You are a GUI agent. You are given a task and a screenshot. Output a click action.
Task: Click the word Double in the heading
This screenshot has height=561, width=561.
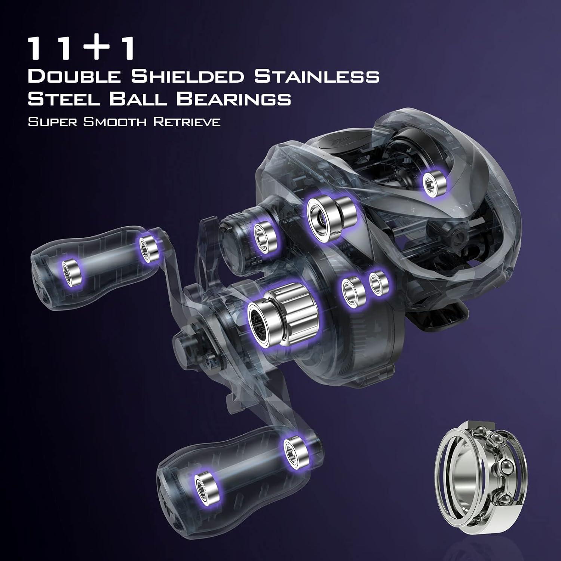74,76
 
